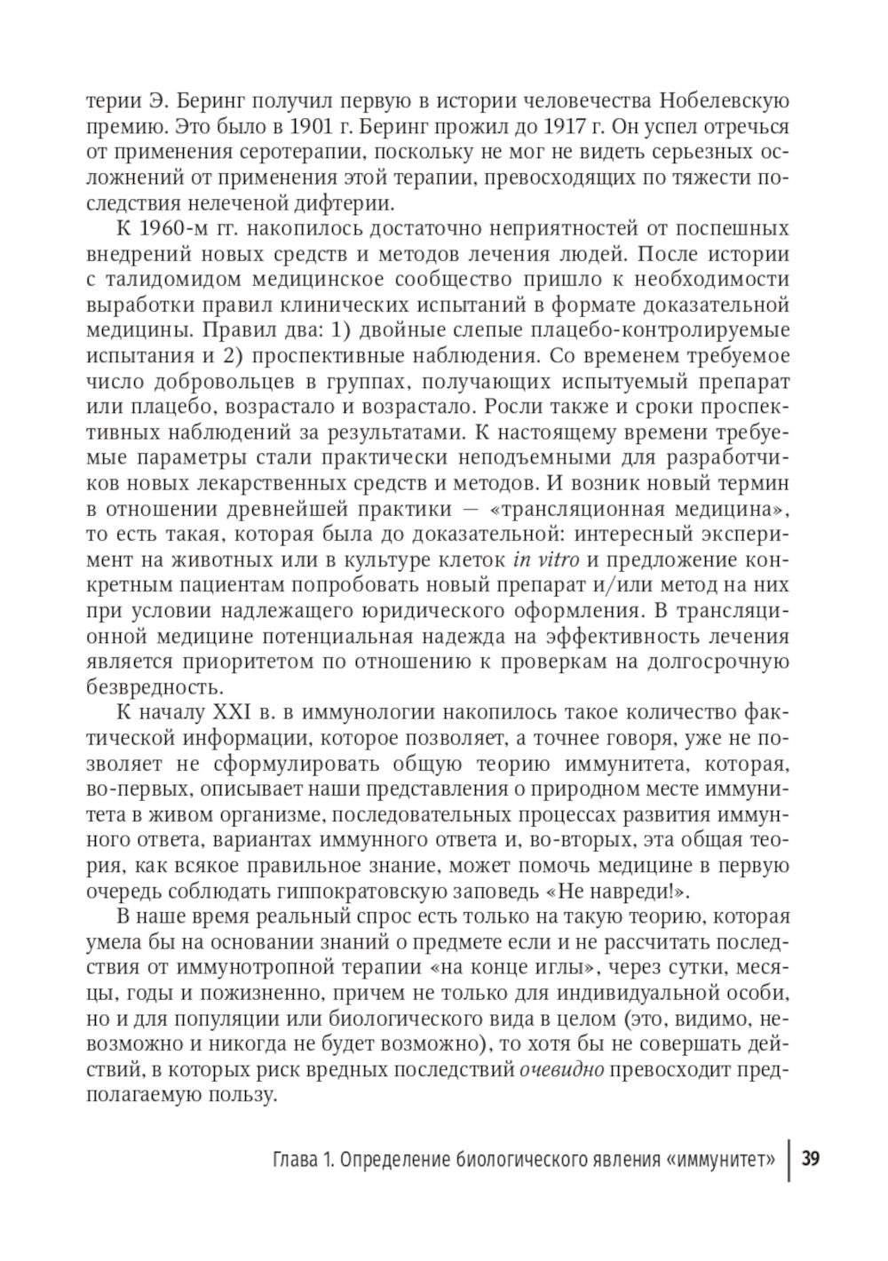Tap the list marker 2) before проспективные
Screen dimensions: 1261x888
click(231, 357)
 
